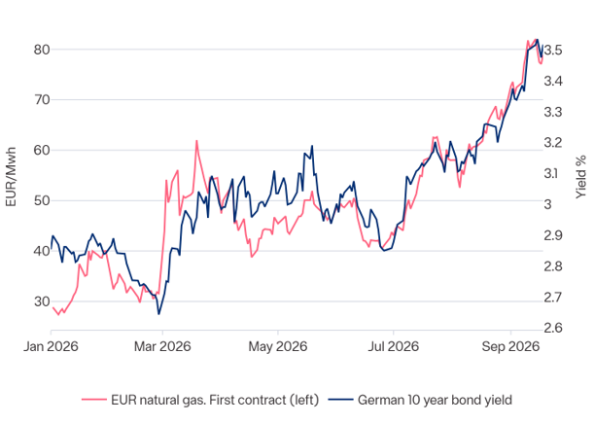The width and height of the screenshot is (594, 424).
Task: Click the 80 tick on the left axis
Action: (42, 50)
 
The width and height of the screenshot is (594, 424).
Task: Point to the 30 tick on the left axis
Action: (42, 301)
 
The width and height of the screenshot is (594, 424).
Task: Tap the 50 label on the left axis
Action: (42, 201)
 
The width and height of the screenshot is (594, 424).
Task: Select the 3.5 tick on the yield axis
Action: (553, 50)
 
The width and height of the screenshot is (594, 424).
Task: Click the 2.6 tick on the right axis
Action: (553, 328)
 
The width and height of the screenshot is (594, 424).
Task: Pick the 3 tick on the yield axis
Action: (548, 204)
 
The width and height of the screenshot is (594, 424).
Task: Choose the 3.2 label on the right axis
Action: (553, 143)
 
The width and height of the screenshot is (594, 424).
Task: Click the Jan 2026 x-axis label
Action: (51, 346)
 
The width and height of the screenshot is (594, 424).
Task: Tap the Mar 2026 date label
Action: (162, 346)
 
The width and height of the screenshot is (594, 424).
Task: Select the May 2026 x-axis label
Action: (278, 346)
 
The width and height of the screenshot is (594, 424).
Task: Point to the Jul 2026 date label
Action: (393, 346)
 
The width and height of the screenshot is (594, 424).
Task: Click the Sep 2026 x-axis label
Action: (510, 346)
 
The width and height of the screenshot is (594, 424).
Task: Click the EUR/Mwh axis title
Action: (12, 177)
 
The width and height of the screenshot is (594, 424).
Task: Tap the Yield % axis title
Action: (580, 177)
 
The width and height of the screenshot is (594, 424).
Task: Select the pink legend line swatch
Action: (94, 400)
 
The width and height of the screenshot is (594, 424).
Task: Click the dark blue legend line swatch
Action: (340, 400)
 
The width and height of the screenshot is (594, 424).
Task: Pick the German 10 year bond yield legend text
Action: (435, 400)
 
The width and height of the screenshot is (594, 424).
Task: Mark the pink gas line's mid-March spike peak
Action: (196, 141)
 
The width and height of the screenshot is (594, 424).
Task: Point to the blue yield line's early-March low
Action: (158, 314)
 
